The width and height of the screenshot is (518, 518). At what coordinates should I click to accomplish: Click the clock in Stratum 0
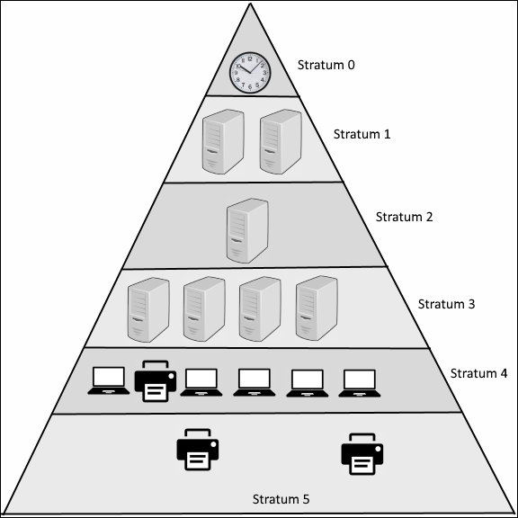[x=250, y=72]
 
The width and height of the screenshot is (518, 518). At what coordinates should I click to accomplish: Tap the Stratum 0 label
[x=326, y=65]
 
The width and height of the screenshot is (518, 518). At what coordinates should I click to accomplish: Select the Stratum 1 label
[x=362, y=134]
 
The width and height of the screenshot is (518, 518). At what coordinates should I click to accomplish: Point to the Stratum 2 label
[x=404, y=217]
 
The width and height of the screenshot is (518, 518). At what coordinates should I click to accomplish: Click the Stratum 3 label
[x=446, y=304]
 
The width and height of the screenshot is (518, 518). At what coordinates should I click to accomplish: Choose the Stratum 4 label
[x=478, y=373]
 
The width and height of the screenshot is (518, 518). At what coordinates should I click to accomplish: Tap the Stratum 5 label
[x=281, y=499]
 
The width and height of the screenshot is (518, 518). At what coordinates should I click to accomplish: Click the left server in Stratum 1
[x=223, y=141]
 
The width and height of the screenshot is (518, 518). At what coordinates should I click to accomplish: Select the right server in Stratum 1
[x=281, y=141]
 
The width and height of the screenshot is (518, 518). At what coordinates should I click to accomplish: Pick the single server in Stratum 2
[x=247, y=230]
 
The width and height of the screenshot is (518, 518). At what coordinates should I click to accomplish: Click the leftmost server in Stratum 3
[x=148, y=309]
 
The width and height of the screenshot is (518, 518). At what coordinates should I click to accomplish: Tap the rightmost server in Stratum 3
[x=317, y=308]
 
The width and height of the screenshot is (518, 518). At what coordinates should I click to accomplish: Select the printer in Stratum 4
[x=156, y=381]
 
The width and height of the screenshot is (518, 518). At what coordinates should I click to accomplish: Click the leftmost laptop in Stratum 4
[x=109, y=380]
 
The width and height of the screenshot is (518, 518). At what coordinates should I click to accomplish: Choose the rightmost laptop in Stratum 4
[x=360, y=383]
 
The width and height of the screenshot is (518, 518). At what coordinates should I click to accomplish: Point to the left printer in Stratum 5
[x=198, y=450]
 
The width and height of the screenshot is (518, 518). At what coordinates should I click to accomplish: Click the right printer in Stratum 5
[x=362, y=454]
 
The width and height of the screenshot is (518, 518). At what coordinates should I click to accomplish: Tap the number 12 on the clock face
[x=250, y=58]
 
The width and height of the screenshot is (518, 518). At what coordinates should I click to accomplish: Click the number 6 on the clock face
[x=250, y=86]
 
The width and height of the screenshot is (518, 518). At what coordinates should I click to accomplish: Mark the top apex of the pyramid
[x=250, y=4]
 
